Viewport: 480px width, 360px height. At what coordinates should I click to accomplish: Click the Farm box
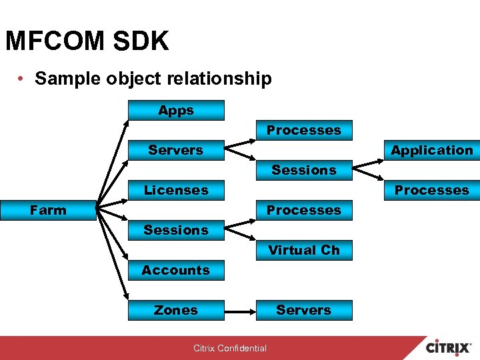48,211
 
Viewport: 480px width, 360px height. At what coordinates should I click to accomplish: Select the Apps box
176,111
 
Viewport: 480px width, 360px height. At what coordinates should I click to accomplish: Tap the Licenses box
176,191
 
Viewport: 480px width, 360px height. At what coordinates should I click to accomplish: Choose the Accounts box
176,271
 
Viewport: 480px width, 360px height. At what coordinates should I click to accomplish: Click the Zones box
176,311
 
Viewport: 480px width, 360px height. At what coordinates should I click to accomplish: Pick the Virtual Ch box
304,251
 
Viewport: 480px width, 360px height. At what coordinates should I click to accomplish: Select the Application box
431,151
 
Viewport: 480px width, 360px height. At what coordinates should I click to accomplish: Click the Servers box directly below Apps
176,151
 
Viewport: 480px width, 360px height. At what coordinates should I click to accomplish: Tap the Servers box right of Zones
304,311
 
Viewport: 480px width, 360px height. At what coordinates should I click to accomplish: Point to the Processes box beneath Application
431,191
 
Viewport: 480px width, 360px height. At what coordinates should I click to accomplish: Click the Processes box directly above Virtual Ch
304,211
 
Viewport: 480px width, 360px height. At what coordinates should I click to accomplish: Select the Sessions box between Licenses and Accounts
176,231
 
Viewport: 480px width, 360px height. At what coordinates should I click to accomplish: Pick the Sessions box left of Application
304,171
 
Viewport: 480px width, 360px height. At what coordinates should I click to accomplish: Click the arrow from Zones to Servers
241,311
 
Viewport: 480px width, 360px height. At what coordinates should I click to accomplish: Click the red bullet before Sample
22,79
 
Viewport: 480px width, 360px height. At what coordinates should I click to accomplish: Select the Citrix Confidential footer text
230,348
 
